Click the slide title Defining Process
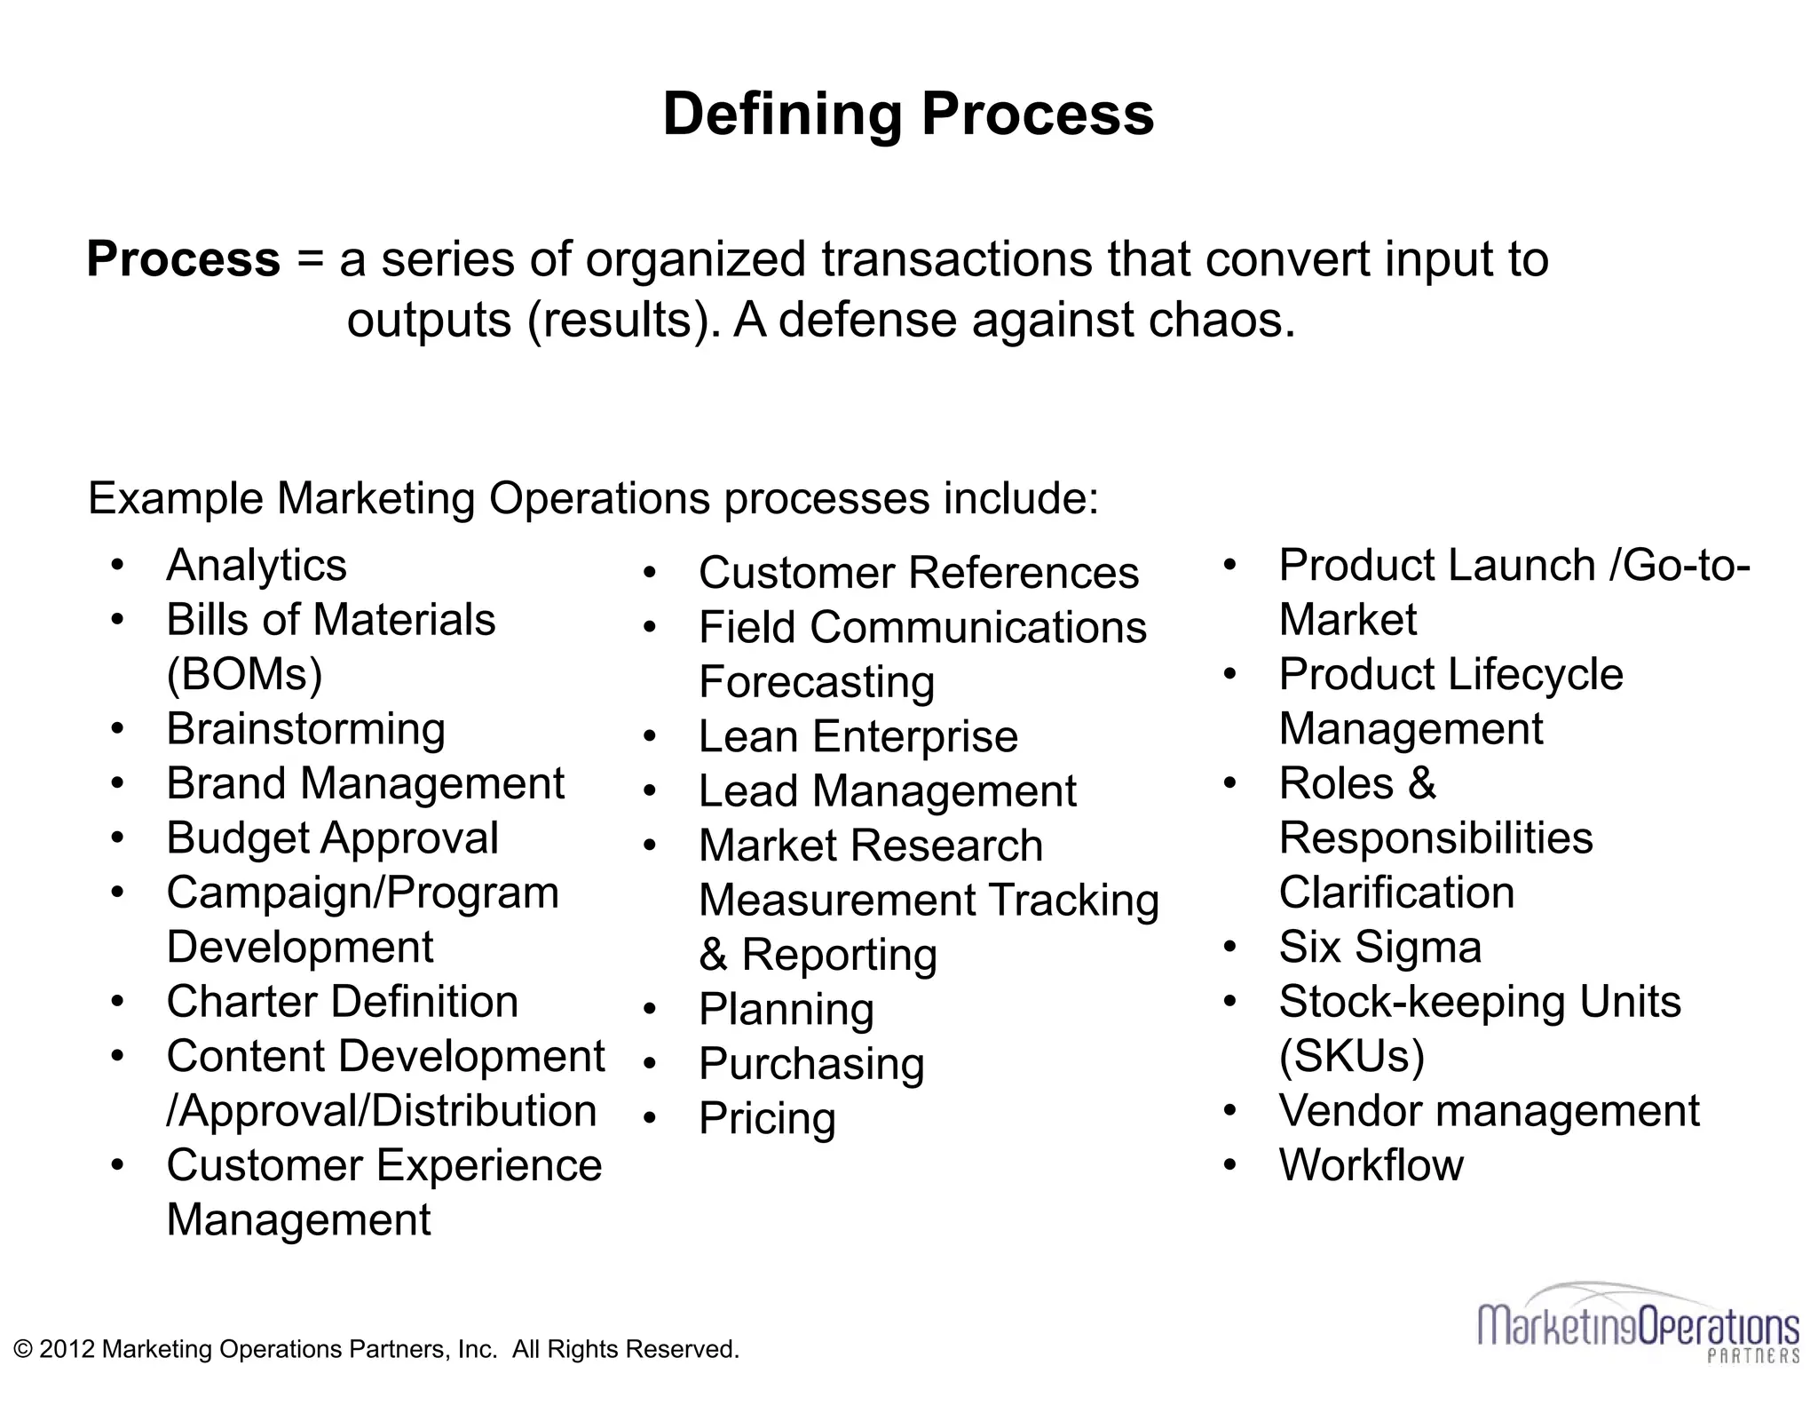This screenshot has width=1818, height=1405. [x=908, y=115]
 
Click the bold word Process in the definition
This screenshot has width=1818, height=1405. [x=183, y=259]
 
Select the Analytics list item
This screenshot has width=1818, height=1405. [x=257, y=566]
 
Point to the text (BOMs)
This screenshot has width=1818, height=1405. [x=244, y=674]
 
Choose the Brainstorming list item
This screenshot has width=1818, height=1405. [x=305, y=729]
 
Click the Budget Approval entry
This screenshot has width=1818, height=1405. [x=332, y=838]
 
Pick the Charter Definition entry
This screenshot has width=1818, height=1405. [x=342, y=1002]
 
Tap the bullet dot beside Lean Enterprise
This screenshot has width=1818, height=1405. [x=650, y=736]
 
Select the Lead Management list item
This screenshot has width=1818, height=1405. [x=887, y=791]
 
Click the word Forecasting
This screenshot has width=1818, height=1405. [x=817, y=682]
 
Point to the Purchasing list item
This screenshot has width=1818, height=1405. [x=811, y=1064]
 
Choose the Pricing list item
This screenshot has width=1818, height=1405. [x=767, y=1118]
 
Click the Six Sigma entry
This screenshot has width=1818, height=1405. [x=1380, y=947]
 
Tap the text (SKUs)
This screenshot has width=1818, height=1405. [x=1351, y=1056]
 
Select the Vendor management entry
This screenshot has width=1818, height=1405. [x=1489, y=1111]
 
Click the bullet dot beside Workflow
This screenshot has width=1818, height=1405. [x=1229, y=1164]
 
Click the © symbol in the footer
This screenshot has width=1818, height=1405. [x=23, y=1349]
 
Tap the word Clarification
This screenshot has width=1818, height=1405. [x=1396, y=893]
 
